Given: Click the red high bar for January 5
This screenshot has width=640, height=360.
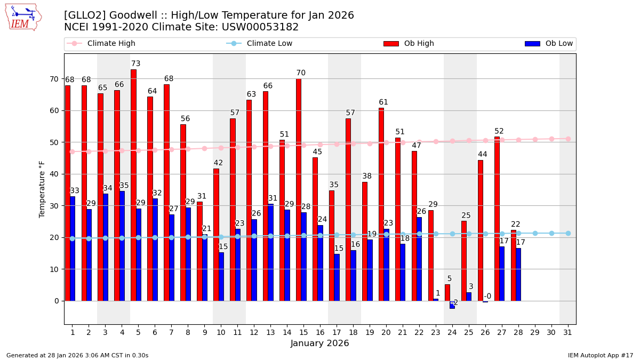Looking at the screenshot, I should [x=133, y=185].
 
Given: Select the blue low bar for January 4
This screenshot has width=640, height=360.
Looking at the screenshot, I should [x=122, y=246].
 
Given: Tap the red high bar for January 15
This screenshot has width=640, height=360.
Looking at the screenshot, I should [x=299, y=190].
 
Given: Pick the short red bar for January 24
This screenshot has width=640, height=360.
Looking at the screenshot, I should [x=447, y=293].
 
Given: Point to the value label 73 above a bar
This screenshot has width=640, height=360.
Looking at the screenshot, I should [x=136, y=64].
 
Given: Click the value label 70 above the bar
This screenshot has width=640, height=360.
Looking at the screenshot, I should [x=301, y=73].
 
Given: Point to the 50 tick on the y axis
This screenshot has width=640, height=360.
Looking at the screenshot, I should [x=54, y=142].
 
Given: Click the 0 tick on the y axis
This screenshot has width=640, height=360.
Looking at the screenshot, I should [x=57, y=301].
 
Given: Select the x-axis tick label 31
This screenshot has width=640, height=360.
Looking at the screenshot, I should [x=568, y=332].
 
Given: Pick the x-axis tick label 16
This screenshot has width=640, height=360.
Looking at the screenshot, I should [x=320, y=332].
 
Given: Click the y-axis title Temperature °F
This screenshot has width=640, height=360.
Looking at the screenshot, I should [x=42, y=189].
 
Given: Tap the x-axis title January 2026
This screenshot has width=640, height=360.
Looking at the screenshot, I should [x=319, y=343].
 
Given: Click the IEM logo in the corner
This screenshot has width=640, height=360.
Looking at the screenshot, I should [x=23, y=17].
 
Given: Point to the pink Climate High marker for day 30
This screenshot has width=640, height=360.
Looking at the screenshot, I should [x=551, y=139].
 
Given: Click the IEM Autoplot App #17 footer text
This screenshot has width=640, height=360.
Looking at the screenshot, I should [x=600, y=355].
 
